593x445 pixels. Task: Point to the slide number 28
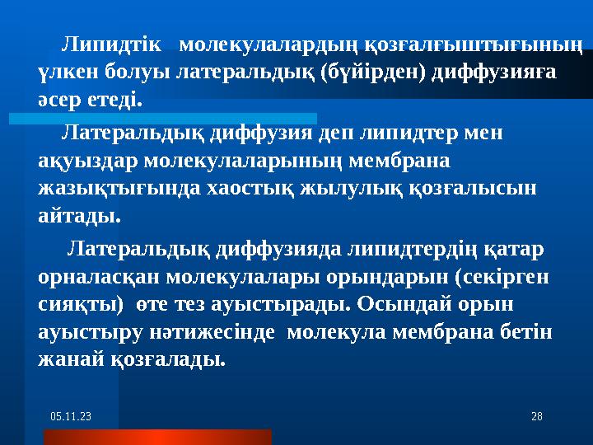(535, 419)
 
